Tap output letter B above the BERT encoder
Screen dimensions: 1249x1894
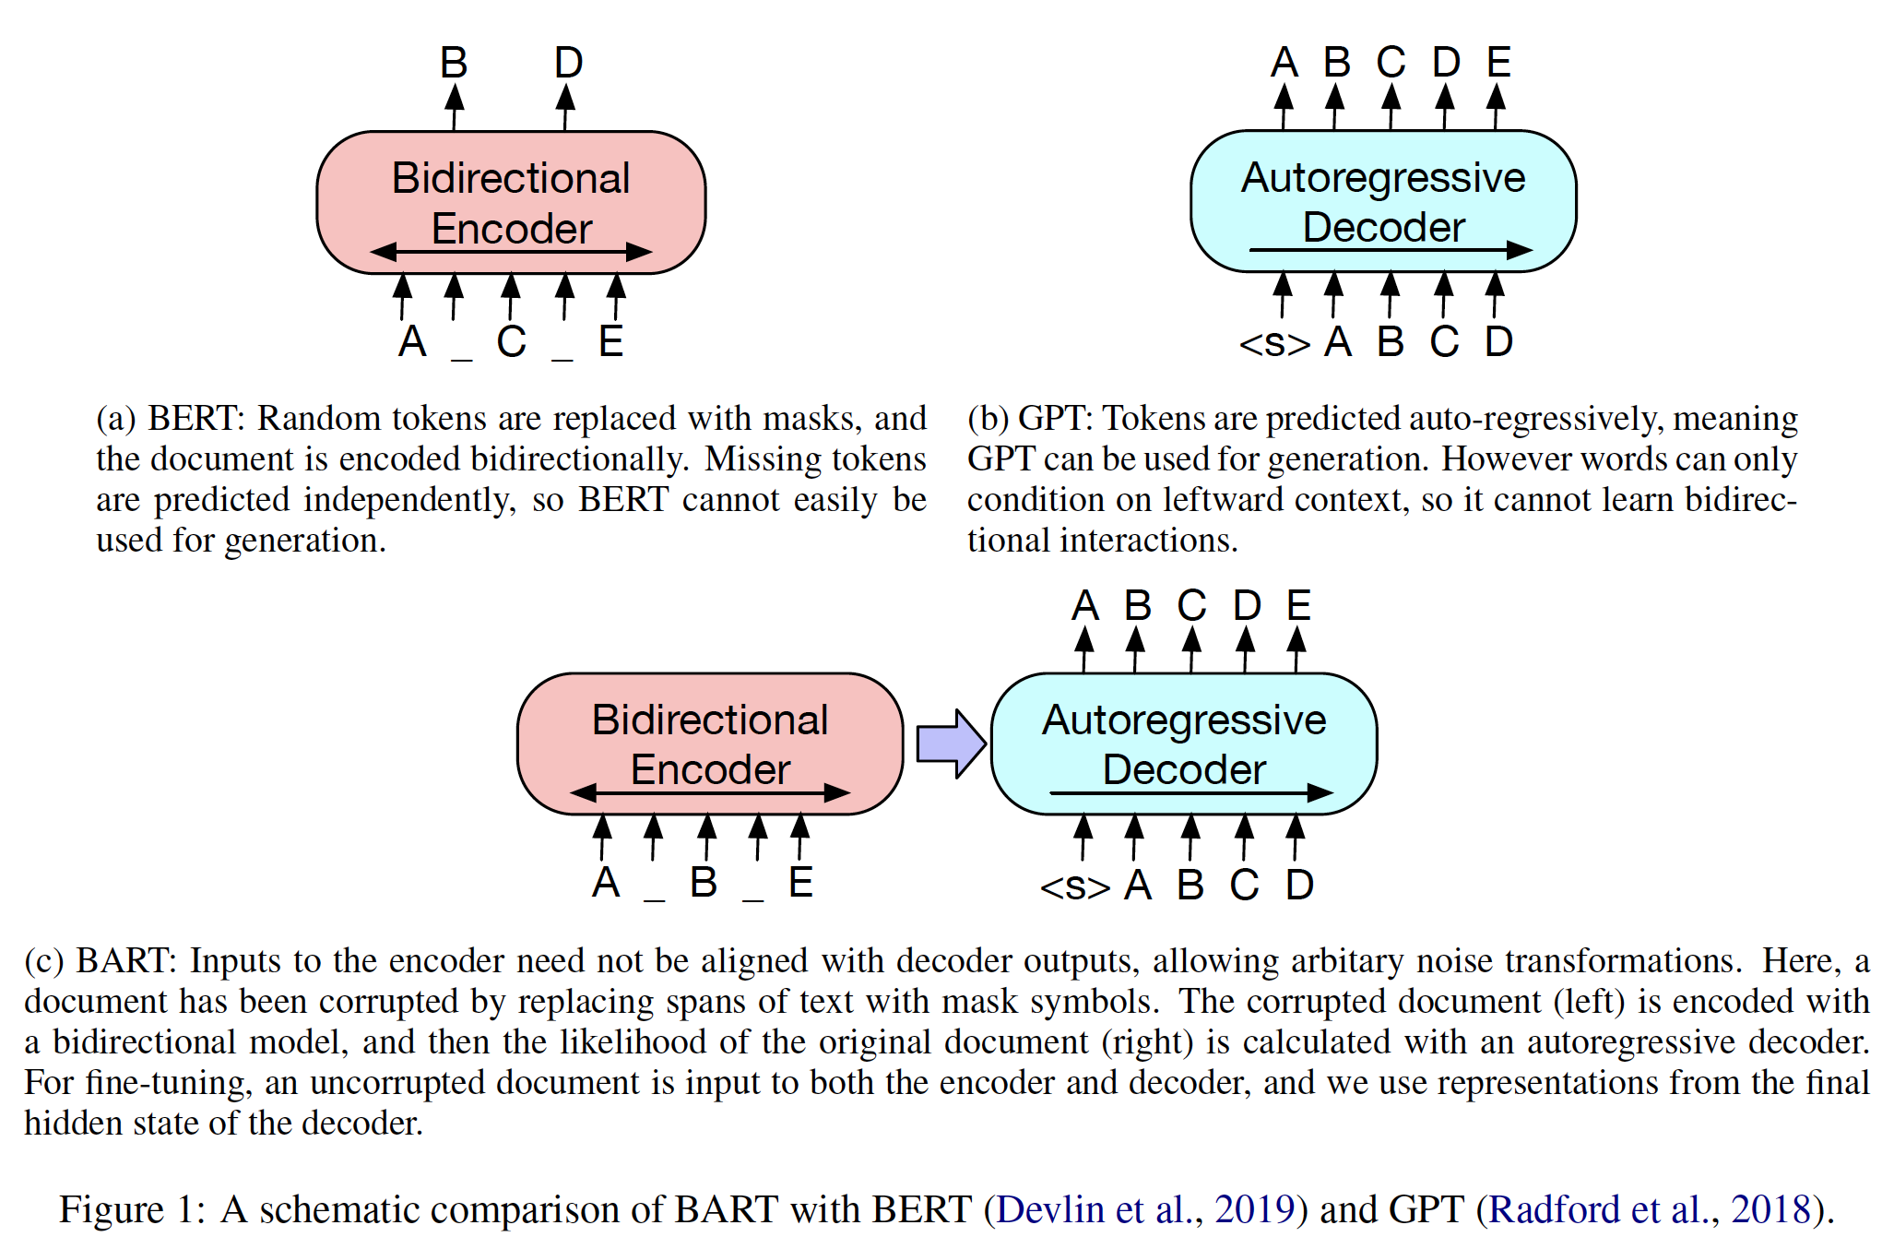(x=454, y=63)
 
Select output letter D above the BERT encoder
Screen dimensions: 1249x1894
(x=568, y=63)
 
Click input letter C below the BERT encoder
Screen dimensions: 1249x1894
(x=511, y=342)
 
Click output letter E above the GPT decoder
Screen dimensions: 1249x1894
(x=1498, y=63)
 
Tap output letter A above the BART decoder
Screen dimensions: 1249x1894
(x=1085, y=606)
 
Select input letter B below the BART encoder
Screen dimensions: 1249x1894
(x=704, y=883)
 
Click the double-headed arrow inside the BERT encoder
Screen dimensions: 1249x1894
(x=511, y=251)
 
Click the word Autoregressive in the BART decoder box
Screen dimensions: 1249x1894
(x=1184, y=720)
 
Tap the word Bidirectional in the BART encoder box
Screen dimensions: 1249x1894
(x=709, y=720)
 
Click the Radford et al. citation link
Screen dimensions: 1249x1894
(x=1650, y=1209)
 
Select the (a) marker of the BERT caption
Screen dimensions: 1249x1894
(x=116, y=419)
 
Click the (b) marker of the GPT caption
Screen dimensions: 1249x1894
(x=988, y=419)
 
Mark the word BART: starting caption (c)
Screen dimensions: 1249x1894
(x=125, y=961)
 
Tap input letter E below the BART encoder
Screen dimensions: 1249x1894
(x=800, y=883)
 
